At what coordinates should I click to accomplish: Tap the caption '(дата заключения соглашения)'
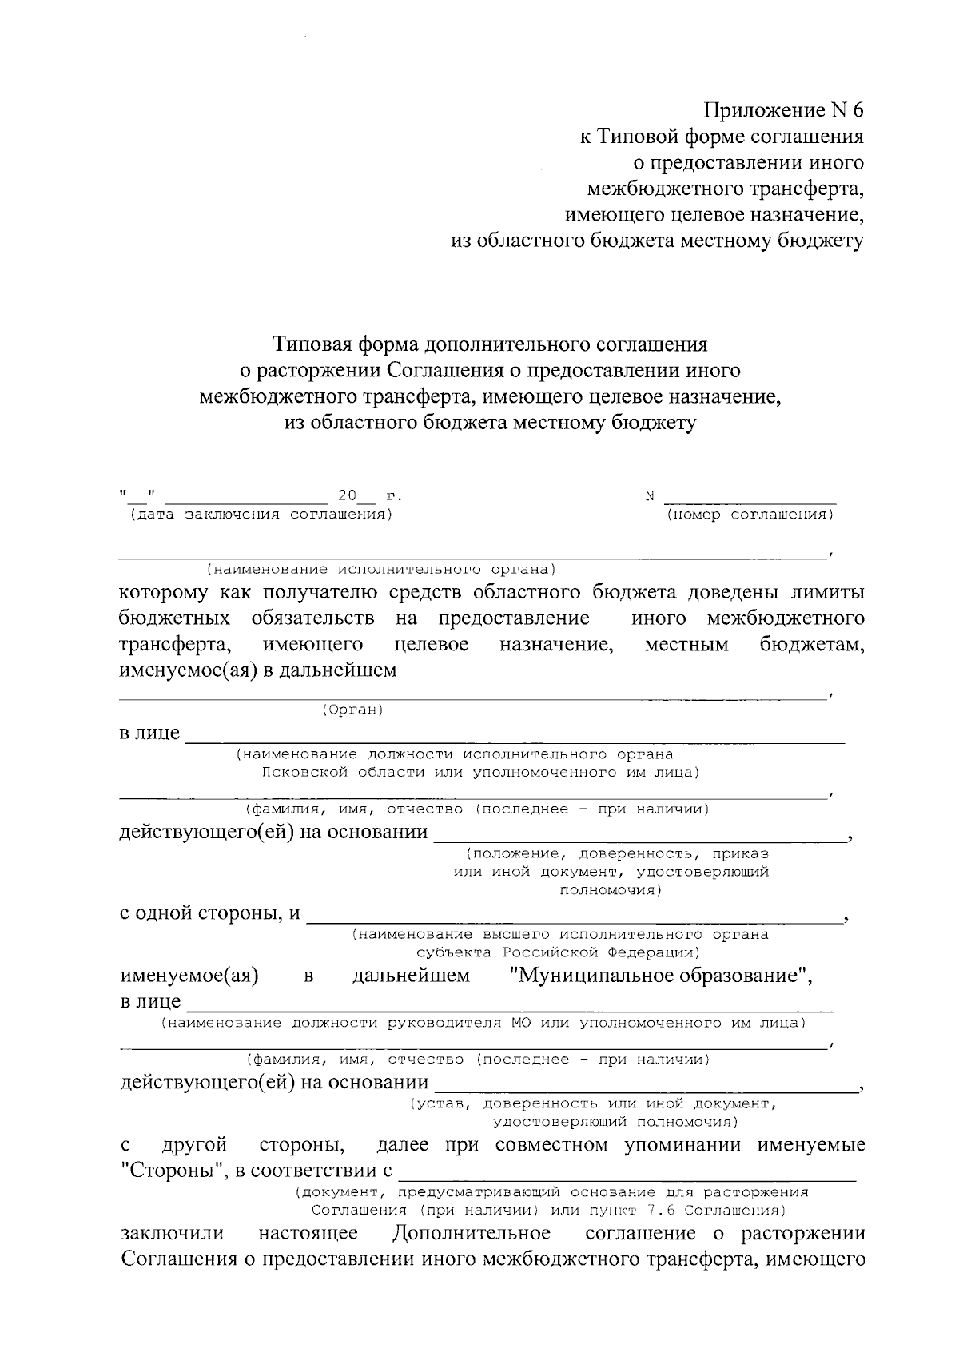pyautogui.click(x=257, y=515)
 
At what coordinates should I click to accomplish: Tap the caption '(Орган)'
pyautogui.click(x=352, y=710)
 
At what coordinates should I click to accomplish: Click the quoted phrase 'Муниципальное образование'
pyautogui.click(x=660, y=976)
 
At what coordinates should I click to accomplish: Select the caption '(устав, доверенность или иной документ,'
pyautogui.click(x=592, y=1103)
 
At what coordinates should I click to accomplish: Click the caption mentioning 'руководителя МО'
pyautogui.click(x=483, y=1023)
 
